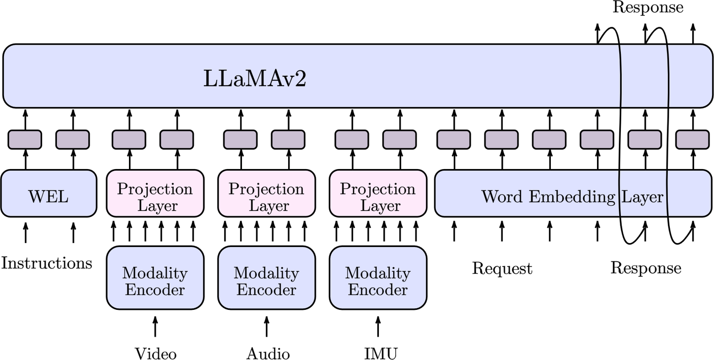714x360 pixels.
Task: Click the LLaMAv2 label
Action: click(x=255, y=78)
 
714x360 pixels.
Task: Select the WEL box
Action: click(x=49, y=193)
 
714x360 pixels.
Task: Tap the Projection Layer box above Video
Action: click(x=155, y=193)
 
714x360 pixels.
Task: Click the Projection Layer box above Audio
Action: click(x=267, y=193)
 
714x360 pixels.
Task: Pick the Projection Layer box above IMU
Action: click(x=378, y=193)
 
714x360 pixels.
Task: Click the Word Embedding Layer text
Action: click(x=573, y=196)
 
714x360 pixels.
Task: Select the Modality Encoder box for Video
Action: click(x=155, y=278)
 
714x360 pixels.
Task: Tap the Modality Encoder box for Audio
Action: click(x=267, y=278)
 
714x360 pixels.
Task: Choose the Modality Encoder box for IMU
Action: click(x=378, y=278)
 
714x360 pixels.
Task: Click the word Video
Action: click(x=156, y=354)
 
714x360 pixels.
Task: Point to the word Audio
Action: click(x=268, y=354)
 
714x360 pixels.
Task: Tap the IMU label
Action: click(x=381, y=354)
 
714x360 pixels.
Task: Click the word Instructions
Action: click(x=47, y=263)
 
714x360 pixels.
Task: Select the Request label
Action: click(x=502, y=268)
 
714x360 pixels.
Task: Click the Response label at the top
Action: click(x=648, y=7)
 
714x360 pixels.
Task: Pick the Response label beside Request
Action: click(x=646, y=268)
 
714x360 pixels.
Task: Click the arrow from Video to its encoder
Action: click(x=155, y=326)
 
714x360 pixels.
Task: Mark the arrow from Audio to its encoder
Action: click(x=267, y=326)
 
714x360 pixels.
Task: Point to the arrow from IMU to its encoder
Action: click(x=378, y=326)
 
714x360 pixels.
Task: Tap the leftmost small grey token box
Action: click(x=25, y=139)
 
